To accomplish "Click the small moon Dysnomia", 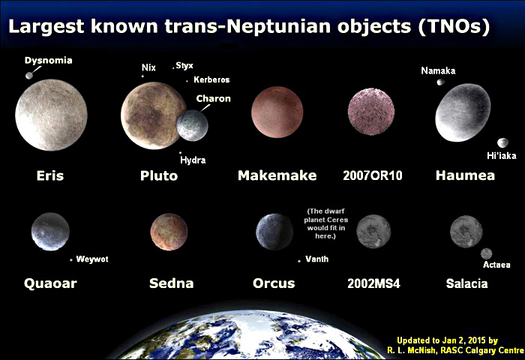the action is tap(29, 76).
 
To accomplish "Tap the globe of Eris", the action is tap(51, 115).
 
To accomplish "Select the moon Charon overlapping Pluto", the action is tap(192, 125).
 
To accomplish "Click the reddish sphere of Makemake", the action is tap(277, 112).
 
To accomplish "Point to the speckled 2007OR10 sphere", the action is tap(371, 112).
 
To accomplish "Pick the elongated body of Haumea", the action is tap(463, 112).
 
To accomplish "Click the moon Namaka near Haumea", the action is tap(441, 82).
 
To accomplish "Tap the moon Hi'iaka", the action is tap(502, 142).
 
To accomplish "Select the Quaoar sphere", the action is tap(50, 232).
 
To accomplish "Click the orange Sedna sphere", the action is tap(169, 232).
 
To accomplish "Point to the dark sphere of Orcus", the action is tap(274, 232).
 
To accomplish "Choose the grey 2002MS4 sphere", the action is tap(373, 232).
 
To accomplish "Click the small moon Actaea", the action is tap(486, 253).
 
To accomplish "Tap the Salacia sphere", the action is tap(466, 232).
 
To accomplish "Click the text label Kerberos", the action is tap(211, 79).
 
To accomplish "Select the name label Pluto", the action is tap(159, 175).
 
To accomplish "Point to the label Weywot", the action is tap(92, 259).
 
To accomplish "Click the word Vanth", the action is tap(316, 259).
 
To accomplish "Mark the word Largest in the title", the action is tap(46, 26).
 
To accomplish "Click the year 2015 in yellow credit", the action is tap(477, 340).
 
